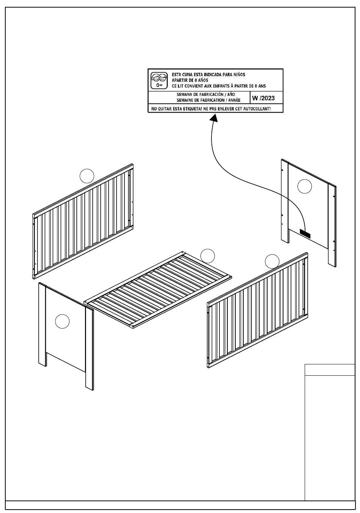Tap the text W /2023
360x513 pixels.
click(263, 98)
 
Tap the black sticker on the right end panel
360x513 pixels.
click(305, 234)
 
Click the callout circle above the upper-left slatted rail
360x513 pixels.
click(87, 176)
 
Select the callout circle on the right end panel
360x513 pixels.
click(304, 186)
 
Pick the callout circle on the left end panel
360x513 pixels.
click(62, 322)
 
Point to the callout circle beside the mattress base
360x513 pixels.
click(207, 256)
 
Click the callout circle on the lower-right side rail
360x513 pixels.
click(272, 261)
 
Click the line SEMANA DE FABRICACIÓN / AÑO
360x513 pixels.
click(206, 94)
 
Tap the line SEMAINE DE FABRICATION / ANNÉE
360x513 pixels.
click(208, 100)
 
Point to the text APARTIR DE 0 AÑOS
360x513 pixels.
click(190, 80)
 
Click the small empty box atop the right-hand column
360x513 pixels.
click(330, 370)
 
